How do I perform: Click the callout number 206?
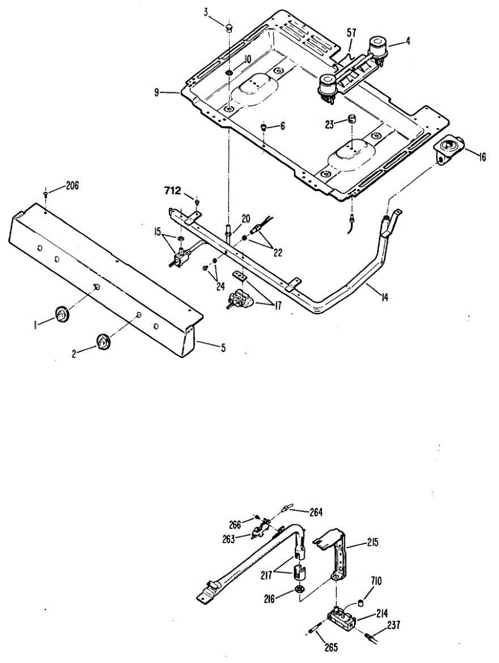pos(72,186)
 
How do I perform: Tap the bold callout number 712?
pos(173,191)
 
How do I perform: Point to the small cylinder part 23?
pos(350,119)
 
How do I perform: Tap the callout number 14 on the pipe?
pos(385,298)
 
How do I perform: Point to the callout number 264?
pos(316,512)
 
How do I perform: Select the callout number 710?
pos(376,581)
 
